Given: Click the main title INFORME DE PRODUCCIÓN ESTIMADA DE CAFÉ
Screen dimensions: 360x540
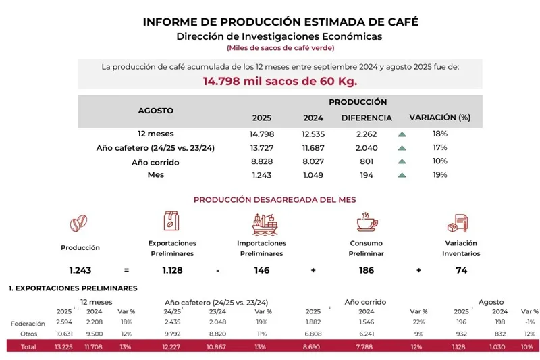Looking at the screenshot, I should [x=280, y=22].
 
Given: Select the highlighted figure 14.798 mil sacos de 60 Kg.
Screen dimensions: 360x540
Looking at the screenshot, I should [x=280, y=81].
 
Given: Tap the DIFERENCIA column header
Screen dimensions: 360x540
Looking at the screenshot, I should [x=367, y=118].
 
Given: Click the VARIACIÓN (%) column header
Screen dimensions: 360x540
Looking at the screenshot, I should [x=439, y=118].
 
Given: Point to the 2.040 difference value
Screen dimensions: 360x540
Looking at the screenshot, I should [x=367, y=148].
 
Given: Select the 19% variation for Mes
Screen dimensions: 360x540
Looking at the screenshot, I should [x=439, y=175].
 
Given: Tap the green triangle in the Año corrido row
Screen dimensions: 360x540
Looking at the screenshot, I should [x=402, y=162].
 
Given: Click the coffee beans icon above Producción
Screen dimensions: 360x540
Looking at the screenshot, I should [x=80, y=222].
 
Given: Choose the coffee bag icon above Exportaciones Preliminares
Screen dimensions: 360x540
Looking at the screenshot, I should [x=171, y=221].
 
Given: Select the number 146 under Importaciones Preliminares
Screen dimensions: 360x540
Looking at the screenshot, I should [x=261, y=270].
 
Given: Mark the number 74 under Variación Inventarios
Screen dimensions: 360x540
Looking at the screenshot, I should [x=461, y=270].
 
